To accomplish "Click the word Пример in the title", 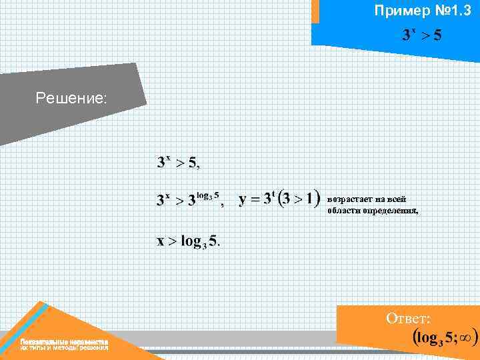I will click(x=397, y=11).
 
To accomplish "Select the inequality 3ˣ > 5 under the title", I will click(x=421, y=34).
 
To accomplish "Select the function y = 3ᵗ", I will click(x=256, y=199).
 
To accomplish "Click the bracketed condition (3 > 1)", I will click(x=299, y=199).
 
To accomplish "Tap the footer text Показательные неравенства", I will click(x=64, y=341).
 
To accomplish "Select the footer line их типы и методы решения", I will click(x=64, y=348).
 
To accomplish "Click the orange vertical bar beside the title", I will click(x=315, y=11).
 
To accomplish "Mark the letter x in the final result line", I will click(x=160, y=241).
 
